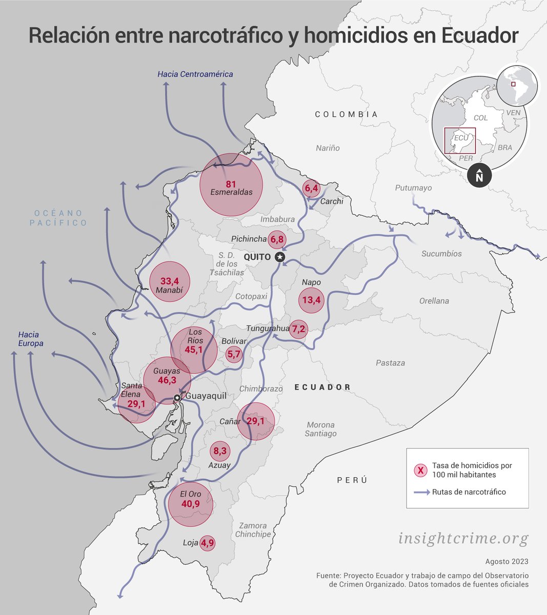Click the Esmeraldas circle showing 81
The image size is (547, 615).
(231, 184)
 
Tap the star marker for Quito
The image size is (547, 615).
(279, 257)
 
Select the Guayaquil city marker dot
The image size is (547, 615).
(177, 398)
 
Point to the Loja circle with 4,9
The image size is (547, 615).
(207, 543)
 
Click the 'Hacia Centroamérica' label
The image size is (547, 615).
(195, 74)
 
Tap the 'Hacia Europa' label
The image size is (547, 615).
(30, 339)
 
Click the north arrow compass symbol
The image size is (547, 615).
(479, 176)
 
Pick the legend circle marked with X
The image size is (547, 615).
(420, 470)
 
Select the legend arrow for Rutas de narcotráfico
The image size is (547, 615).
(421, 492)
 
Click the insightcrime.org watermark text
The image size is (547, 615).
(463, 539)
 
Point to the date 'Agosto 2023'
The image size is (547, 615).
(507, 562)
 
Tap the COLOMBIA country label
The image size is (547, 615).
(346, 114)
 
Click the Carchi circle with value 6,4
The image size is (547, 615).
(312, 189)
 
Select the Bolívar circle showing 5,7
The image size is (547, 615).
(234, 354)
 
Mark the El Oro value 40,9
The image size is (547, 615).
(190, 504)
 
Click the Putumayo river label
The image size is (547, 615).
(413, 188)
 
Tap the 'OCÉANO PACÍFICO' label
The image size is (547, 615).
(58, 218)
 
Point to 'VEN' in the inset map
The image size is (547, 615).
(513, 112)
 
